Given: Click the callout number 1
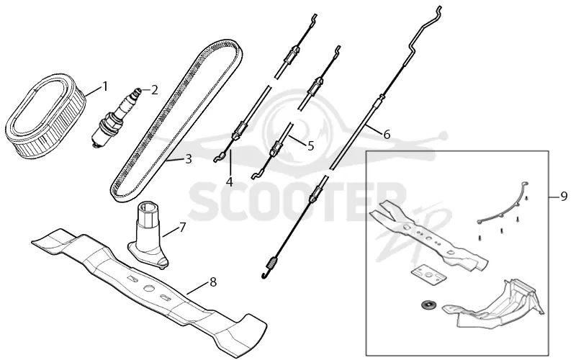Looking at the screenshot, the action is [x=105, y=86].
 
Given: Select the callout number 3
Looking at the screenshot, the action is [x=189, y=159].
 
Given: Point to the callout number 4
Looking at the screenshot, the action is [x=230, y=181].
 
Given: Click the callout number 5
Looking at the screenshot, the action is [x=311, y=146].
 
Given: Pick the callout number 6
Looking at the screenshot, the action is [x=387, y=135].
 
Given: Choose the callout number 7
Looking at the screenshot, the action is [x=183, y=228].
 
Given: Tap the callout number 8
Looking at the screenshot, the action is [x=212, y=282].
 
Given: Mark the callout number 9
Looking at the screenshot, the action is [x=564, y=197].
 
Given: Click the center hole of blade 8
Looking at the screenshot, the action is [x=149, y=289].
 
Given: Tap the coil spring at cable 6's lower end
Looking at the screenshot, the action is [x=271, y=263].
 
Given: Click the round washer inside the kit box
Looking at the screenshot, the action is [x=427, y=305].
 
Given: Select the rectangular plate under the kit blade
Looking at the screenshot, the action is [x=428, y=275].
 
